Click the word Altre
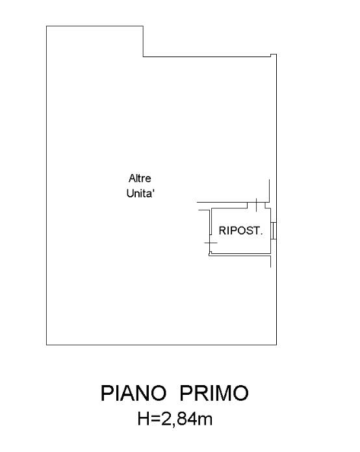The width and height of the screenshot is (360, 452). pyautogui.click(x=140, y=179)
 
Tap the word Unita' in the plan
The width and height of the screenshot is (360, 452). pyautogui.click(x=140, y=194)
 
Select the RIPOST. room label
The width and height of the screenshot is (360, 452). pyautogui.click(x=241, y=231)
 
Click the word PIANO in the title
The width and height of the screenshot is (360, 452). pyautogui.click(x=134, y=393)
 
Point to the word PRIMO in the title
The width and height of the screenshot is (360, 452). pyautogui.click(x=214, y=393)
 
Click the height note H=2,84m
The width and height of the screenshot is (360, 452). pyautogui.click(x=175, y=419)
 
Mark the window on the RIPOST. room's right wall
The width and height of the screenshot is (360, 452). pyautogui.click(x=274, y=231)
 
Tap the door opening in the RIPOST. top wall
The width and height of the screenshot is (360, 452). pyautogui.click(x=257, y=205)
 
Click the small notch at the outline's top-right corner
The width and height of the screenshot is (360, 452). pyautogui.click(x=273, y=55)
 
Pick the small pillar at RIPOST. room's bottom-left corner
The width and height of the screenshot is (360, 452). pyautogui.click(x=211, y=253)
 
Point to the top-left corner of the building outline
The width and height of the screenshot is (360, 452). pyautogui.click(x=47, y=26)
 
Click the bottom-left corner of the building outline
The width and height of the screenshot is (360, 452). pyautogui.click(x=47, y=344)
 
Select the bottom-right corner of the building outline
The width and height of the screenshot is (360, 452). pyautogui.click(x=276, y=344)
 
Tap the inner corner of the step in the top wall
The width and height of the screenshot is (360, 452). pyautogui.click(x=144, y=56)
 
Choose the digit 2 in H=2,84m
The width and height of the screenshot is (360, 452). pyautogui.click(x=166, y=419)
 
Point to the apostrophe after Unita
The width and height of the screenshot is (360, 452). pyautogui.click(x=153, y=190)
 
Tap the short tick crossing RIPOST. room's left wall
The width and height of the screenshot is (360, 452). pyautogui.click(x=211, y=243)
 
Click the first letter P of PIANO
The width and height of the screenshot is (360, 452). pyautogui.click(x=107, y=393)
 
